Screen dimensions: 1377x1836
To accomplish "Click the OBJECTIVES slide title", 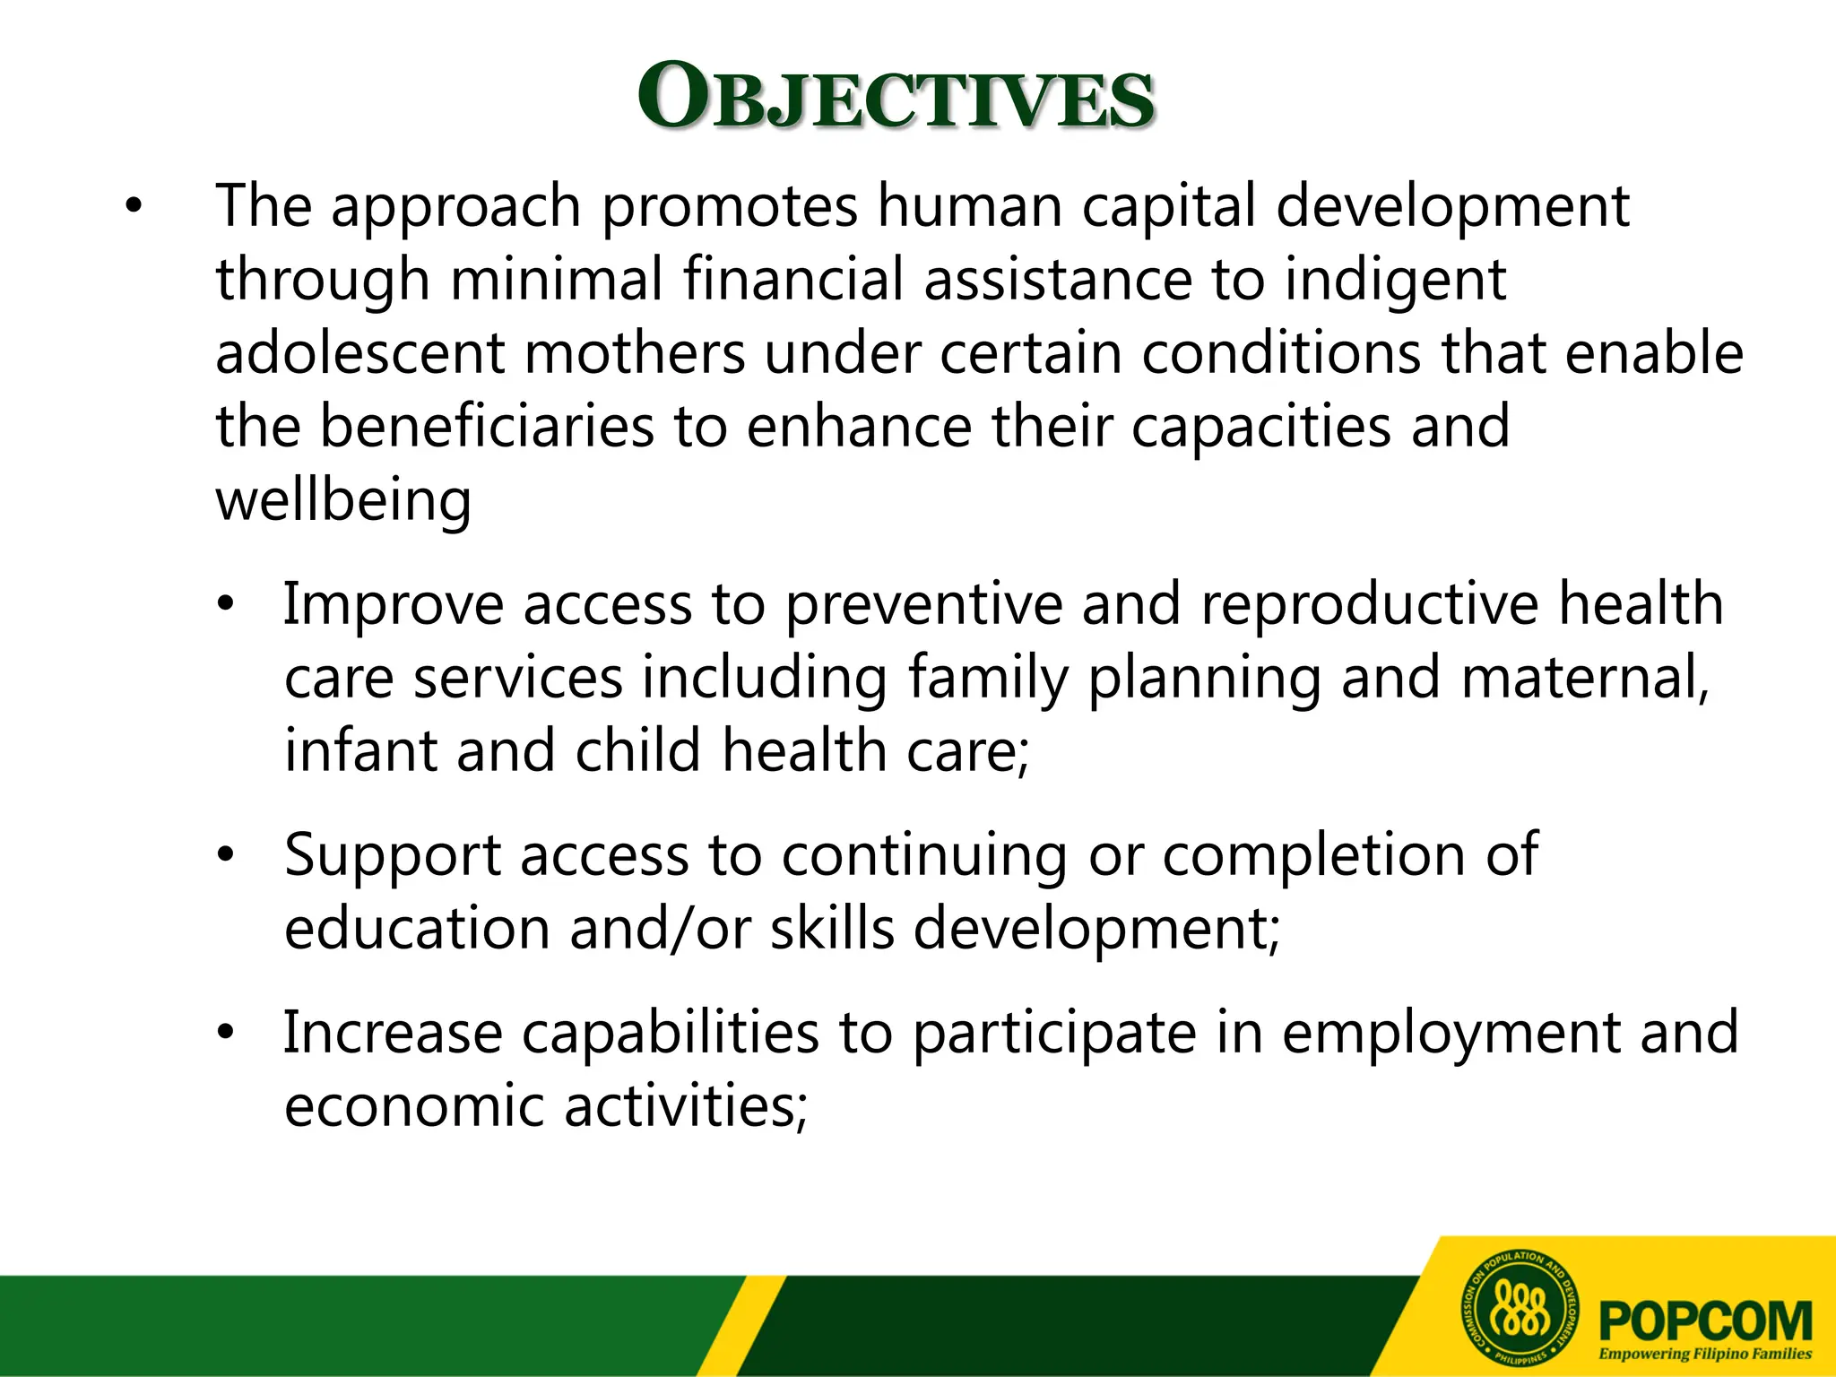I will click(896, 97).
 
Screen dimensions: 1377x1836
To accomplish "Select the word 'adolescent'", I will click(360, 352).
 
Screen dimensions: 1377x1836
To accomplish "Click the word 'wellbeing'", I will click(343, 500).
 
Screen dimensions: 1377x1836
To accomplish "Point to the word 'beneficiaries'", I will click(488, 426).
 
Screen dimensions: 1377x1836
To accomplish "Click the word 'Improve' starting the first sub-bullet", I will click(394, 604).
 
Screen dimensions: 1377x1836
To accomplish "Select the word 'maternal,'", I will click(1585, 677).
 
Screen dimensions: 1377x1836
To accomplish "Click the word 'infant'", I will click(360, 750).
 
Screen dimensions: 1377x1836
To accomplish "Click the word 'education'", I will click(417, 928).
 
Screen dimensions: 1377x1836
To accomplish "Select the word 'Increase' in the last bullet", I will click(393, 1033).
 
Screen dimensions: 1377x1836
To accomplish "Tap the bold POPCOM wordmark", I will click(1705, 1321).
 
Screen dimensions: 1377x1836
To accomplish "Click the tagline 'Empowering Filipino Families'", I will click(1705, 1354).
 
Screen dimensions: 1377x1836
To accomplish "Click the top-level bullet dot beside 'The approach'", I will click(134, 207).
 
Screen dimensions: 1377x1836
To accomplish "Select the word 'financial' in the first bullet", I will click(793, 280).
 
